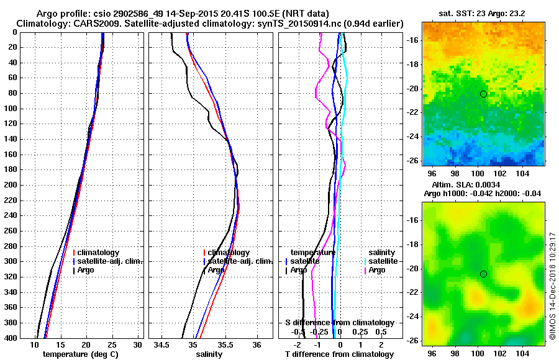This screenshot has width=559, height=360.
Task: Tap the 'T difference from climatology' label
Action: coord(339,354)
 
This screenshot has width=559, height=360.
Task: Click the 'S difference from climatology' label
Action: coord(339,323)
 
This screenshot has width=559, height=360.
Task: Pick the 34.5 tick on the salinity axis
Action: coord(162,344)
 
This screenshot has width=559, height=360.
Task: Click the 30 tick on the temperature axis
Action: coord(138,344)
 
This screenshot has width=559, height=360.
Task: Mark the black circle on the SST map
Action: coord(483,94)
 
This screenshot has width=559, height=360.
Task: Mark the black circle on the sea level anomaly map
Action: coord(483,274)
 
